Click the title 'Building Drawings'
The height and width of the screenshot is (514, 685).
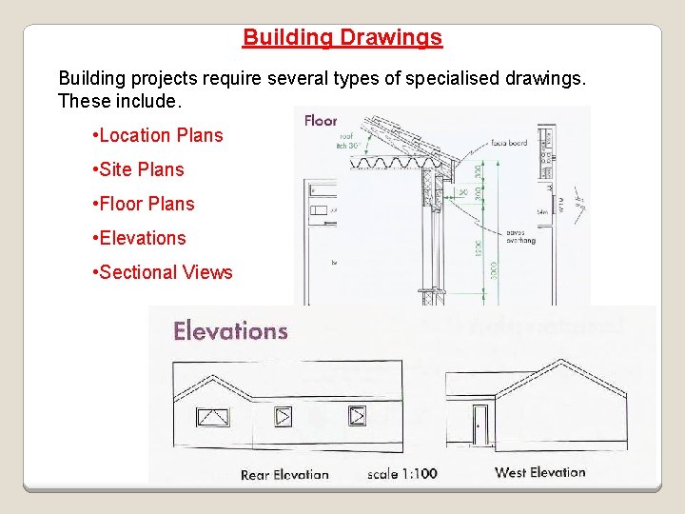(x=342, y=38)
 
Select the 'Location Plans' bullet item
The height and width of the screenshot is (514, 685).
(x=160, y=135)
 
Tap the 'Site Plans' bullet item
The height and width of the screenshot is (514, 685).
(x=141, y=169)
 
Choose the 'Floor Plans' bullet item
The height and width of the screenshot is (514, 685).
(x=146, y=204)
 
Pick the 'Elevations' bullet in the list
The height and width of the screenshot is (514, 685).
(x=142, y=238)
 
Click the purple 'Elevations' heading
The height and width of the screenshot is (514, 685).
(x=230, y=331)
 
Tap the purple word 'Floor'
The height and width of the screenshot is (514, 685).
(x=321, y=120)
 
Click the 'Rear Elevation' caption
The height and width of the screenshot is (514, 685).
(x=284, y=474)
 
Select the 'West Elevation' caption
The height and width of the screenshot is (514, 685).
(x=540, y=472)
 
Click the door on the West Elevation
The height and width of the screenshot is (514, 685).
(x=479, y=425)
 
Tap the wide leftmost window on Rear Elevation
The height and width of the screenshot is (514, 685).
(x=212, y=416)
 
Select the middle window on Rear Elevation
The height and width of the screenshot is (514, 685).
(x=284, y=416)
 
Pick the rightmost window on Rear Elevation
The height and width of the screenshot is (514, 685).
(x=357, y=416)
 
